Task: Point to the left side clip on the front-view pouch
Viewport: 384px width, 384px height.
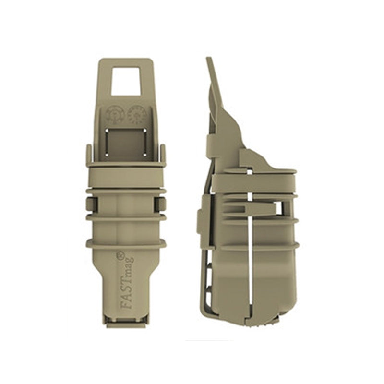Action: point(89,204)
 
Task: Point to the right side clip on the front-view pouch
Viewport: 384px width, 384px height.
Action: point(163,204)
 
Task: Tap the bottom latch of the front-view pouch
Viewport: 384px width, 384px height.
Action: point(126,321)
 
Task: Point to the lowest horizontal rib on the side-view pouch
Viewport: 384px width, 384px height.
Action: point(254,247)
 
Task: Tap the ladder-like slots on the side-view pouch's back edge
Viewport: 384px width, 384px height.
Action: point(207,278)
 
